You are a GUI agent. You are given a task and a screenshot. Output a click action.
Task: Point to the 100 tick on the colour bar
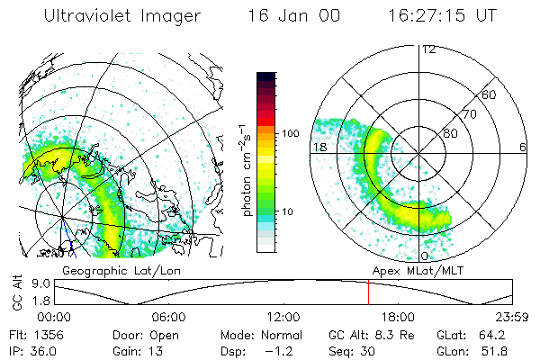[x=290, y=132]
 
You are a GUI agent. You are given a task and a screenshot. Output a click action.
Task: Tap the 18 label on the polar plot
[x=319, y=147]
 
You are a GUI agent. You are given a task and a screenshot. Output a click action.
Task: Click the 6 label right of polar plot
[x=523, y=147]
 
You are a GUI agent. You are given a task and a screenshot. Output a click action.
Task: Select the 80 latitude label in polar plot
[x=450, y=133]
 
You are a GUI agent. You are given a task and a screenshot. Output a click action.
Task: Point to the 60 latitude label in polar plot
[x=490, y=94]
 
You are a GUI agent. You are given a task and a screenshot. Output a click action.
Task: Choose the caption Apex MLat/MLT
[x=413, y=270]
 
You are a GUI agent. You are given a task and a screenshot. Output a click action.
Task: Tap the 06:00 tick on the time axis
[x=168, y=318]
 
